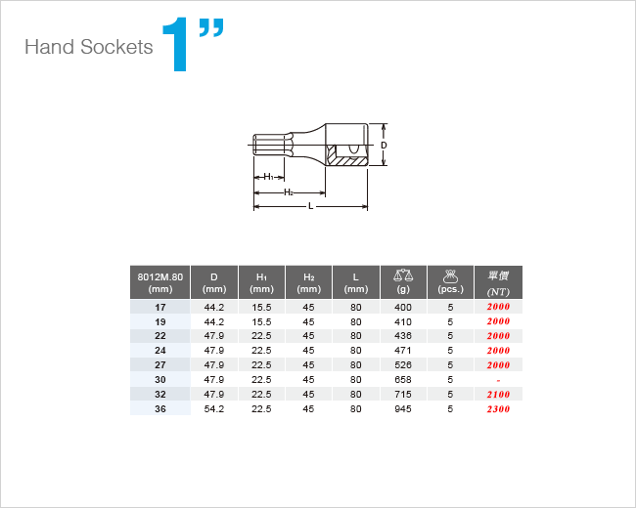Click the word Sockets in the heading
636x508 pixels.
(x=116, y=47)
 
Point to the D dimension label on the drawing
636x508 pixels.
(x=384, y=145)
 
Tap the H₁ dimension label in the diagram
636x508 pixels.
(x=268, y=177)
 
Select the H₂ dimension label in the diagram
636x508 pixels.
(x=289, y=192)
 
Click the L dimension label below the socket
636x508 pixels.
(x=311, y=206)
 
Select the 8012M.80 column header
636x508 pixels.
(x=160, y=282)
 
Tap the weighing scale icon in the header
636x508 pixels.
(x=403, y=275)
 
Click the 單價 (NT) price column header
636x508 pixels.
(x=498, y=282)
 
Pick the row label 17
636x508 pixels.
(x=160, y=308)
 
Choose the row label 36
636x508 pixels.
(x=160, y=409)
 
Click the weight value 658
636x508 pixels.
(x=403, y=380)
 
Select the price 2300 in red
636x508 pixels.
(x=498, y=409)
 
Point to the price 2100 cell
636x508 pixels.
(x=498, y=394)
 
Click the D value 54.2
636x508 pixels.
(x=214, y=409)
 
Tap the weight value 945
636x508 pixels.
(x=403, y=409)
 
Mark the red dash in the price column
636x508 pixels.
(x=498, y=381)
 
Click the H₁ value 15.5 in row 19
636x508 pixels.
(x=261, y=322)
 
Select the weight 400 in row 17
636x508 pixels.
(x=403, y=308)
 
